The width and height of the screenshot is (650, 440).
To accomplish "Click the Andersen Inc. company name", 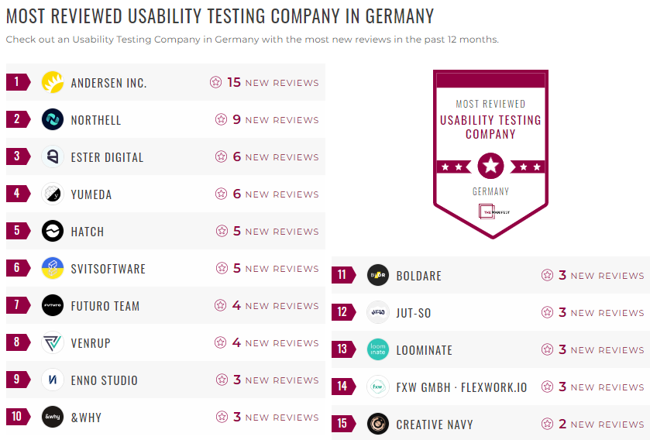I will [108, 83].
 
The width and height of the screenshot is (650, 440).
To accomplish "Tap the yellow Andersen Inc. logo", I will [52, 82].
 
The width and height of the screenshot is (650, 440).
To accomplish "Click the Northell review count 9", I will [237, 120].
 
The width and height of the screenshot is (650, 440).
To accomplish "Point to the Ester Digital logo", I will [52, 156].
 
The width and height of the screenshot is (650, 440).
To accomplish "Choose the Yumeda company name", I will [91, 194].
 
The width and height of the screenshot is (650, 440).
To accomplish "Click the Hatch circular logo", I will [52, 231].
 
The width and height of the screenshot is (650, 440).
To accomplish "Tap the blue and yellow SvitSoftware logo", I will [52, 268].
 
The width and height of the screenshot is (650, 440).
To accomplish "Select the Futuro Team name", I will [105, 306].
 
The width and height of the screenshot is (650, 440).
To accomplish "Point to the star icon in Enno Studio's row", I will [221, 380].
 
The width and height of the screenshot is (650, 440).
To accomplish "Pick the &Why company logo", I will [52, 417].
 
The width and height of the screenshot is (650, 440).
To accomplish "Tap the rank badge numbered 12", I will [342, 312].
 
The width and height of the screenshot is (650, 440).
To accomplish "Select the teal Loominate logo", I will [377, 349].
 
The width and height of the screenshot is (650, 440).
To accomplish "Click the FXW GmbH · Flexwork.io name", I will [461, 387].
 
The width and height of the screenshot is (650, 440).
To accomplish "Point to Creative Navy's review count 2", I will [562, 425].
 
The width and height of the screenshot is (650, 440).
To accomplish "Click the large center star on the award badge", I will [490, 165].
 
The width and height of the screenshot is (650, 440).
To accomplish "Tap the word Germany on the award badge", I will [490, 191].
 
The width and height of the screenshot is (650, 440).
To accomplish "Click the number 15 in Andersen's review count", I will [234, 82].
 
